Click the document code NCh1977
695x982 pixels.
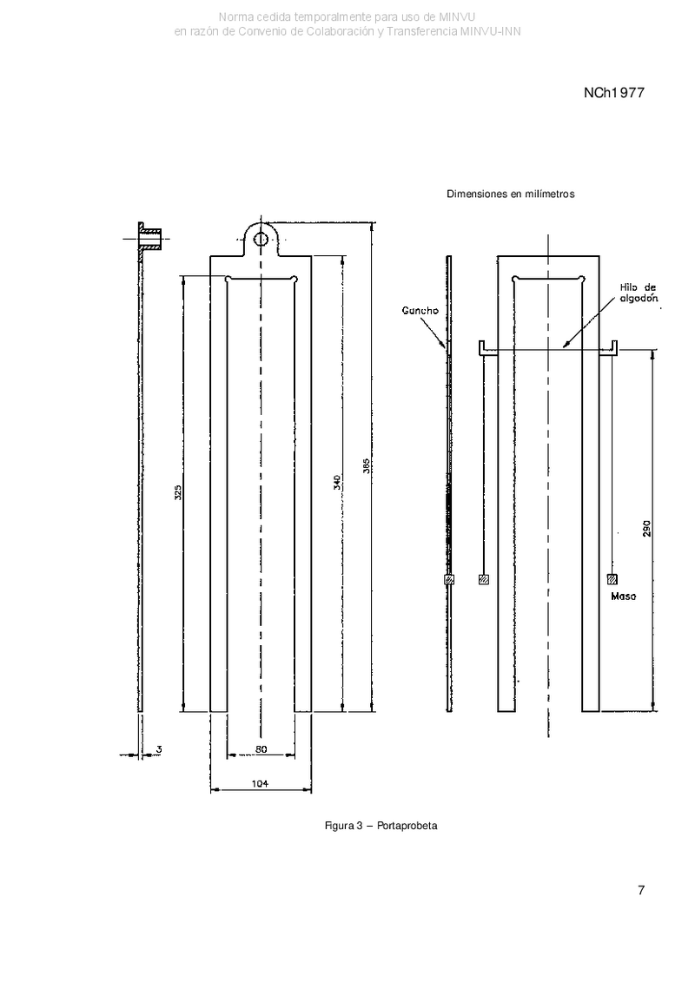pos(613,93)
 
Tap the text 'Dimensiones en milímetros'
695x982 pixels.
pos(510,194)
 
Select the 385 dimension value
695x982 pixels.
pos(367,466)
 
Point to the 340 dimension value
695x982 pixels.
pos(337,482)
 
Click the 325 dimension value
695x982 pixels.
pos(178,492)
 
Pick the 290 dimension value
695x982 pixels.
pos(646,529)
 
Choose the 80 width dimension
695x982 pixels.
pos(261,749)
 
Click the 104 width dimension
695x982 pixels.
pos(260,783)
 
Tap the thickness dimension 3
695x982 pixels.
pos(159,749)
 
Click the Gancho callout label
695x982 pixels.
pos(420,311)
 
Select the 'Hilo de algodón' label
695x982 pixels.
pos(638,293)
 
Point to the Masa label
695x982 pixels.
pos(623,596)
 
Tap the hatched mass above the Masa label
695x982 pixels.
pos(612,579)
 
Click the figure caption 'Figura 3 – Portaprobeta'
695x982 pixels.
pos(381,826)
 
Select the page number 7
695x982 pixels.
pos(640,890)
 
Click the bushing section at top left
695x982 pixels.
pos(150,240)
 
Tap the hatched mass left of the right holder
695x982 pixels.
pos(483,579)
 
